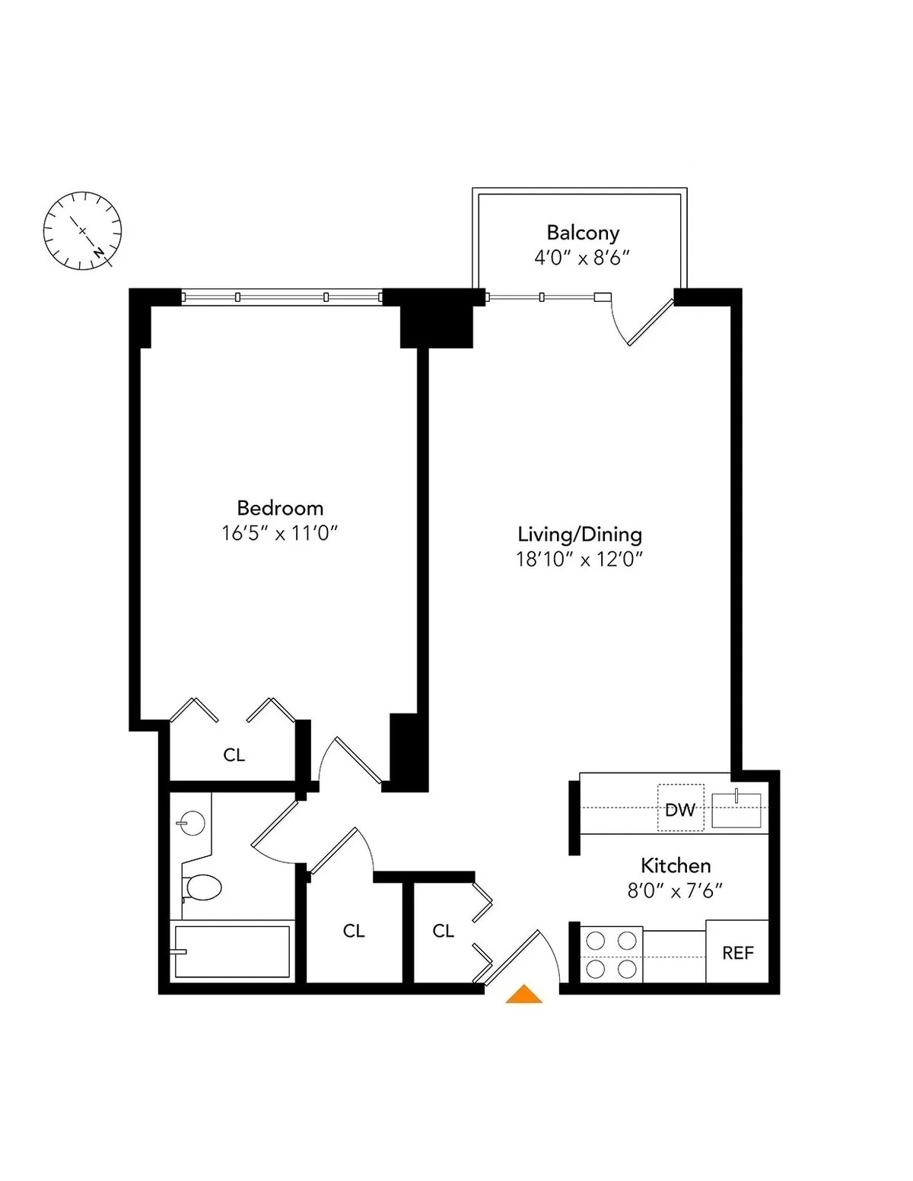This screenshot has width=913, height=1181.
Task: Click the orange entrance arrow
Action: coord(523,995)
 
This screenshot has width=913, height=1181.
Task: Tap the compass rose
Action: coord(82,230)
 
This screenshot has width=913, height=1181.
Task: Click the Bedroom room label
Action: coord(280,508)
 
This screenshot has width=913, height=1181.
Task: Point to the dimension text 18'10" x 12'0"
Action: coord(580,560)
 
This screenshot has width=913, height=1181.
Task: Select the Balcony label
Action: coord(583,233)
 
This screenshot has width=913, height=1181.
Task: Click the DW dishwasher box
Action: coord(680,808)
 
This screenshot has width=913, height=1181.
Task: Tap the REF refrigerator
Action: coord(737,952)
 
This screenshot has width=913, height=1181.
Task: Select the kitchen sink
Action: coord(736,809)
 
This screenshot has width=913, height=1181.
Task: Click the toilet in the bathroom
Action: coord(202,887)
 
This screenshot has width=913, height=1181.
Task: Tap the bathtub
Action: coord(232,951)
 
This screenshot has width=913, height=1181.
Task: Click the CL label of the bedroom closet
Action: coord(234,755)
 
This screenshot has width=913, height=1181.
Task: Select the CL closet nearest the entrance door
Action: coord(443,931)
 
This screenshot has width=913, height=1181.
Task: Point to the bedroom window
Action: coord(282,297)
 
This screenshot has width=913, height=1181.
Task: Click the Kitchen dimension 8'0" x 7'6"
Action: coord(674,891)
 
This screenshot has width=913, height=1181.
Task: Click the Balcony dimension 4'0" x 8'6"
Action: coord(582,258)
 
